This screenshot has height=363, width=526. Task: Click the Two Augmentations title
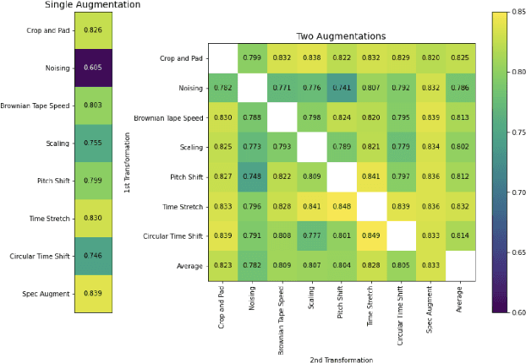pyautogui.click(x=341, y=37)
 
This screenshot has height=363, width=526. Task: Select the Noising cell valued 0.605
pyautogui.click(x=93, y=67)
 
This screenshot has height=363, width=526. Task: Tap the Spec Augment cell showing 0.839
pyautogui.click(x=93, y=293)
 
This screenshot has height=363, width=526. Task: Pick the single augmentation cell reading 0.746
pyautogui.click(x=93, y=255)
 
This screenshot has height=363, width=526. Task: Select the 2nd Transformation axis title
pyautogui.click(x=341, y=359)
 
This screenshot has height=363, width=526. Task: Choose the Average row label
pyautogui.click(x=189, y=266)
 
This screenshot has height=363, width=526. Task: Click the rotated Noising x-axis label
pyautogui.click(x=251, y=295)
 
